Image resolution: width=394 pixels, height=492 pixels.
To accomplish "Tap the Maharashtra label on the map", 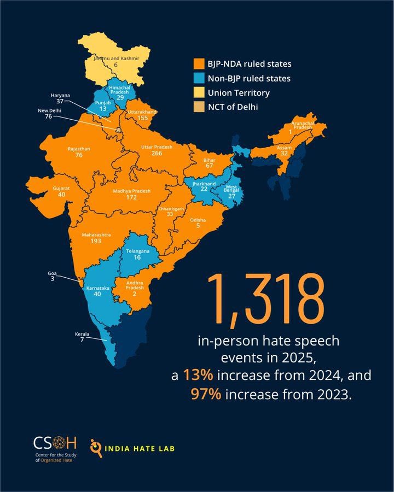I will coord(96,235).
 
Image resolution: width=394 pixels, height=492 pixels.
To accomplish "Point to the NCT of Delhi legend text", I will coord(233,107).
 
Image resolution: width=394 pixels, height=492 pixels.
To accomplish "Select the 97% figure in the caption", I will coord(206,394).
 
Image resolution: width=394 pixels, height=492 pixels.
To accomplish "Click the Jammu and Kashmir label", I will coord(116,58).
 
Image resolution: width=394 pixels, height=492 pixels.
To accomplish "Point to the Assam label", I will coord(284,148).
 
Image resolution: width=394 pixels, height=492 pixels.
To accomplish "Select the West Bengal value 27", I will coord(231,196).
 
